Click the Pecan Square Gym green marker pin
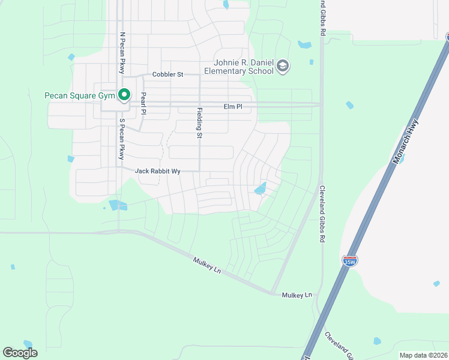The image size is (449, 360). click(x=124, y=95)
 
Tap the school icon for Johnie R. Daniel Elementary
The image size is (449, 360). click(x=283, y=67)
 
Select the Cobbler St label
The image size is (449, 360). click(x=167, y=74)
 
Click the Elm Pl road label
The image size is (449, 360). click(x=232, y=106)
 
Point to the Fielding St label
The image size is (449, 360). click(x=199, y=122)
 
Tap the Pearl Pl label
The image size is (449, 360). click(x=143, y=103)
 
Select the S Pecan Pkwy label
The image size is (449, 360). click(x=122, y=139)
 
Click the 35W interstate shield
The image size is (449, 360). click(x=349, y=261)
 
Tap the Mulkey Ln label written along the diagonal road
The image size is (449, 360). click(x=207, y=266)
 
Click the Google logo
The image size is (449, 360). click(x=20, y=352)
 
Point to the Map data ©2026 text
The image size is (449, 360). click(x=423, y=355)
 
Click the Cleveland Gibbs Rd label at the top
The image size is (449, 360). click(x=322, y=18)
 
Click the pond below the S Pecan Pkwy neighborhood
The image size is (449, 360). click(x=118, y=205)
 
